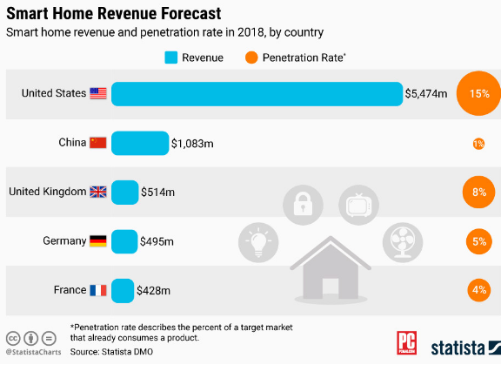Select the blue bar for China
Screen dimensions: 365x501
click(140, 143)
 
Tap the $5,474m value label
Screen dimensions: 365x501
click(426, 93)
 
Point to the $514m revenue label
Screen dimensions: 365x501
click(158, 192)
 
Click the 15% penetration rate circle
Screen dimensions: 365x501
click(479, 93)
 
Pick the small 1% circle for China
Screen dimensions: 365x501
click(478, 144)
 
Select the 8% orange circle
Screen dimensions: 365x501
click(479, 193)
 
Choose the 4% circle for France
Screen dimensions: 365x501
click(479, 290)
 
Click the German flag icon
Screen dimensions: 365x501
click(97, 241)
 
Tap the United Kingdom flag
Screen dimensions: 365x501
click(97, 192)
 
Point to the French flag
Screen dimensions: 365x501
click(97, 290)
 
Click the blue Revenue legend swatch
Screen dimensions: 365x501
click(172, 58)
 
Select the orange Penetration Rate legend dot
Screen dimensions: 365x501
click(250, 58)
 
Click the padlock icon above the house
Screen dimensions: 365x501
click(303, 205)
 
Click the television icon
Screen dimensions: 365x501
click(357, 205)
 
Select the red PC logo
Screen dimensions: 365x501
click(408, 341)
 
